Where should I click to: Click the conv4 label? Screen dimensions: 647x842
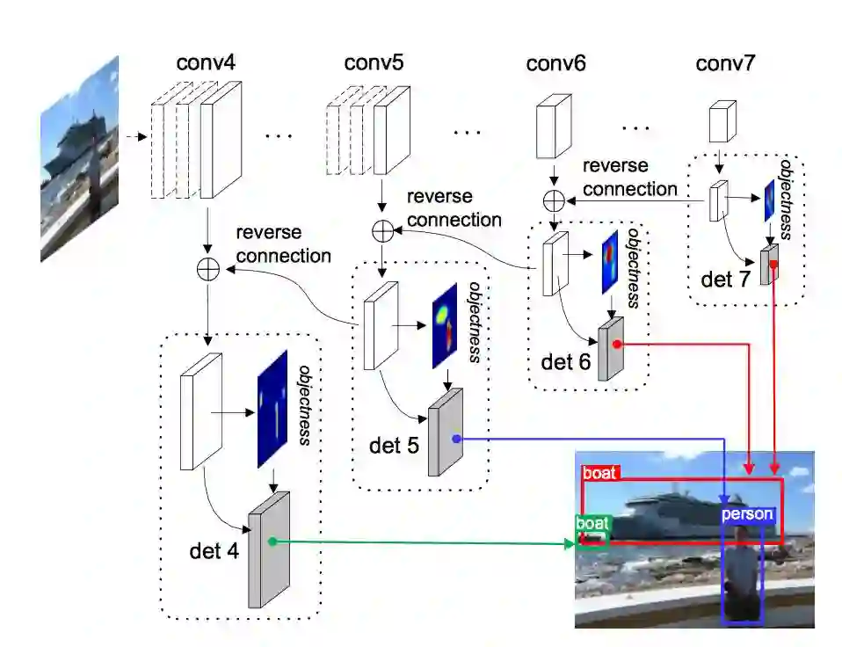pos(206,63)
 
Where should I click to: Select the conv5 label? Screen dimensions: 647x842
pos(374,63)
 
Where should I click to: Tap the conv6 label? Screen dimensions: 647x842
pos(555,63)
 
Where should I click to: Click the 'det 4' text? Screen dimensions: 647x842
pos(213,551)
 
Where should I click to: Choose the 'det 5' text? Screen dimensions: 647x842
pos(395,445)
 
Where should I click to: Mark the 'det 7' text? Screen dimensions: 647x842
pos(727,280)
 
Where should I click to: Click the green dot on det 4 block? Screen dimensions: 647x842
pos(272,542)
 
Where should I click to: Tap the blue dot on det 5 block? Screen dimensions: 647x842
pos(455,438)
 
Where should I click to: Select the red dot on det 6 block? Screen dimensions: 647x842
pos(618,344)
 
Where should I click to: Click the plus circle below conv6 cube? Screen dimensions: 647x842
pos(554,200)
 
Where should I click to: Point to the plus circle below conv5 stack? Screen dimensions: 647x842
pos(382,230)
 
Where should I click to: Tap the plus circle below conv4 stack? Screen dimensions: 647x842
pos(207,270)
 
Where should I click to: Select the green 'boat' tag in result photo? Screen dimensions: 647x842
pos(592,523)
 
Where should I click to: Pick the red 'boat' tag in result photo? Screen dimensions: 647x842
pos(600,472)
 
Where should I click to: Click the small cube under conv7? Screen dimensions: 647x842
pos(722,120)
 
